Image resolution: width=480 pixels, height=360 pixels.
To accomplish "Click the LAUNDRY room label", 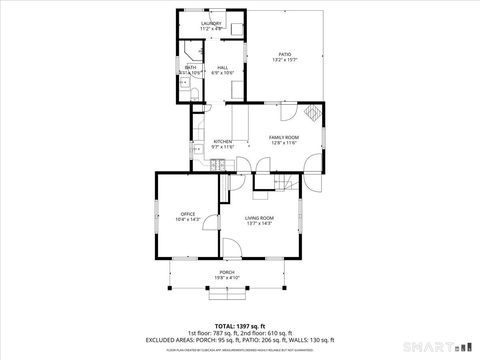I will coord(211,22).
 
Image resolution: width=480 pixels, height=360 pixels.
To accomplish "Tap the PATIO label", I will coord(284,55).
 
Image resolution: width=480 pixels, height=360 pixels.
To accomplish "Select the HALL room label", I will coord(222,68).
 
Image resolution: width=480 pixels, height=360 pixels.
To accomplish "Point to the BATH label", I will coord(189,68).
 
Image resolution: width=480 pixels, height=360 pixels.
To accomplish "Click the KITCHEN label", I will coord(222,141).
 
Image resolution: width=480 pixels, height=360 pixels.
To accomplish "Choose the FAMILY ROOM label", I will coord(283,137).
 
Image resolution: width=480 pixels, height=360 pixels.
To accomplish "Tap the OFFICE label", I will coord(187,213).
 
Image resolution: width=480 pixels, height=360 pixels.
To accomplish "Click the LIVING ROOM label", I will coord(260,217).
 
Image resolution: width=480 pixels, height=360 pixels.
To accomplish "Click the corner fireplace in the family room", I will coord(313,113).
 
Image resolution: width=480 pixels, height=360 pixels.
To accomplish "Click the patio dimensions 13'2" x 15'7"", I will coord(284,61).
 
